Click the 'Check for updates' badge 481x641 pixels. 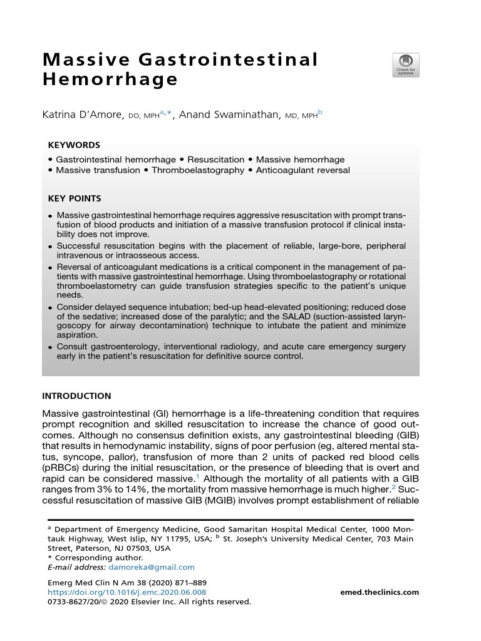coord(406,65)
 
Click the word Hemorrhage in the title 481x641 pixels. coord(110,81)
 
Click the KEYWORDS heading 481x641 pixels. coord(74,145)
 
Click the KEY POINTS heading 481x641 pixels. coord(75,198)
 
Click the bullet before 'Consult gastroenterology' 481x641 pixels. coord(50,347)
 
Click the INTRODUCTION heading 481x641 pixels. coord(76,396)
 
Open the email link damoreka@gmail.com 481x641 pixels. coord(152,567)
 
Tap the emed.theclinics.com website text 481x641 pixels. coord(380,592)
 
